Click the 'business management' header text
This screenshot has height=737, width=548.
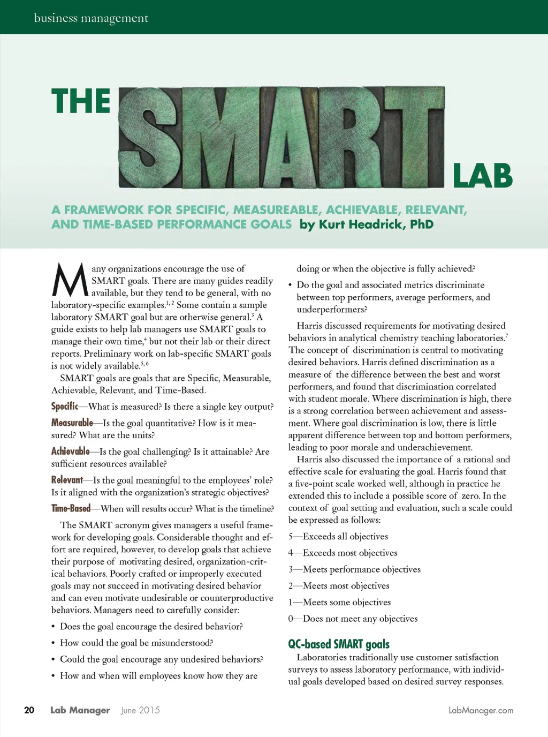91,18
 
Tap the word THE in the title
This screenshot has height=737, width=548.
81,101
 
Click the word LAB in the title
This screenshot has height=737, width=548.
482,176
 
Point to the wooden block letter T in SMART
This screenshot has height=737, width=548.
412,138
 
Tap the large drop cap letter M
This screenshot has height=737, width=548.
70,280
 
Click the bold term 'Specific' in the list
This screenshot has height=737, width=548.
64,407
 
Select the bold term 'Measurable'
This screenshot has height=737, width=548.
72,423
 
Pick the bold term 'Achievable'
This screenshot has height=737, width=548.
71,452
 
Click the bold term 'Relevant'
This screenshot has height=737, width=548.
67,480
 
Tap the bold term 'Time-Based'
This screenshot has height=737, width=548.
71,508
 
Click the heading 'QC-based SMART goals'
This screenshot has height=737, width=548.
339,644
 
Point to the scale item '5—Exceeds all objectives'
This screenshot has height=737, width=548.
338,537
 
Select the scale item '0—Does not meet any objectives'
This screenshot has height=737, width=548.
353,619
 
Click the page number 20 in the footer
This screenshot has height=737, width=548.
29,710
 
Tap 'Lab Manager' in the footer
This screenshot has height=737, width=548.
80,710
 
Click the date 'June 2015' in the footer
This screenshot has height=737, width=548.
140,710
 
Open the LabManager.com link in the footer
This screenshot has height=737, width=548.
481,711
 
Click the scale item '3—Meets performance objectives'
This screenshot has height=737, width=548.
354,569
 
